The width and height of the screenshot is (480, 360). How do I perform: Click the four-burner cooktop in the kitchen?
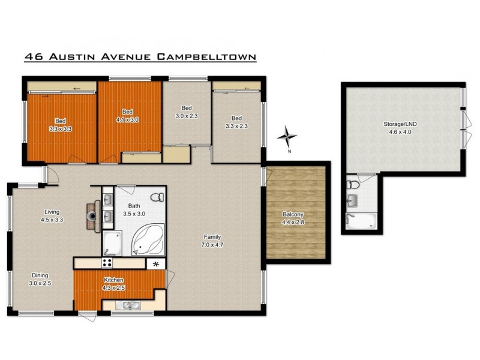pyautogui.click(x=108, y=263)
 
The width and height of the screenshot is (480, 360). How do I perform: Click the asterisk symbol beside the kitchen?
pyautogui.click(x=156, y=263)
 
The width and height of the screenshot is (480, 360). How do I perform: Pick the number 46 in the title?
pyautogui.click(x=32, y=58)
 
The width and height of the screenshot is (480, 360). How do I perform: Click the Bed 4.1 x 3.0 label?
pyautogui.click(x=127, y=116)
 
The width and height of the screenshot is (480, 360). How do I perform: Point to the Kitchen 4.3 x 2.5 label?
pyautogui.click(x=113, y=284)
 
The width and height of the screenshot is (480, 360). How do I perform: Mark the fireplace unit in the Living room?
pyautogui.click(x=92, y=215)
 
